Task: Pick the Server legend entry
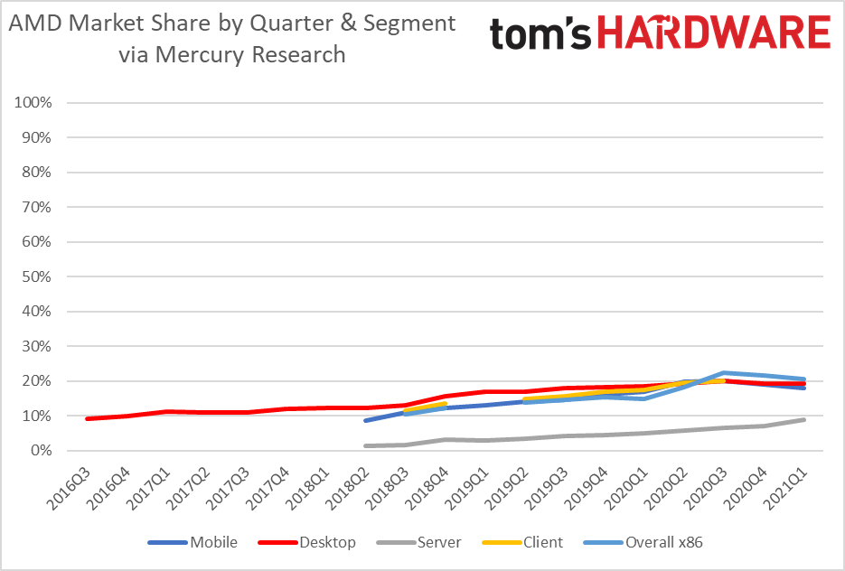tap(438, 542)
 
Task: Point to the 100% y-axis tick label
tap(33, 103)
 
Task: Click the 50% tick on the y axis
tap(37, 276)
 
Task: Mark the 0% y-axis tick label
tap(41, 451)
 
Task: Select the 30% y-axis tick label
tap(37, 346)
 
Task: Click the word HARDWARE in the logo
tap(715, 33)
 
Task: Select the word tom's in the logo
tap(541, 34)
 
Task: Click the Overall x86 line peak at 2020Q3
tap(724, 372)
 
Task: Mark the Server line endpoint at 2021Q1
tap(803, 419)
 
